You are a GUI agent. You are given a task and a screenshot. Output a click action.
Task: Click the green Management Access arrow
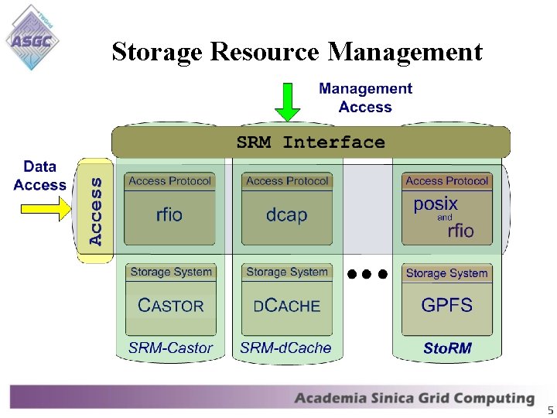287,101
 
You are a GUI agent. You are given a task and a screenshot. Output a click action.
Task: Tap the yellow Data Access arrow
46,207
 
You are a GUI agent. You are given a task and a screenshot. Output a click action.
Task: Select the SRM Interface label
310,142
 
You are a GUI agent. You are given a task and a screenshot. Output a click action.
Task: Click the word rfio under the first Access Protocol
169,214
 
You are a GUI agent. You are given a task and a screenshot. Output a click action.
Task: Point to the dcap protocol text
286,214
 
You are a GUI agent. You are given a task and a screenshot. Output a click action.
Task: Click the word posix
436,204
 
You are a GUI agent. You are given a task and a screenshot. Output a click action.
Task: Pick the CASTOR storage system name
170,306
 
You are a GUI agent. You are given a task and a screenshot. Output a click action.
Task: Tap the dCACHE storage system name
286,306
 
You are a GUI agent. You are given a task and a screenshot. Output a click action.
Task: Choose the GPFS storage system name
446,305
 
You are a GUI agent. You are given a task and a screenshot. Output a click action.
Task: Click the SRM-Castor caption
170,348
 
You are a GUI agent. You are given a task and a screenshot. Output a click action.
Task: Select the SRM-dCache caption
285,348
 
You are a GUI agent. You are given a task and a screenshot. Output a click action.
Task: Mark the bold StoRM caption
447,348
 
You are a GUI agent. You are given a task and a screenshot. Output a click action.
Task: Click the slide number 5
550,409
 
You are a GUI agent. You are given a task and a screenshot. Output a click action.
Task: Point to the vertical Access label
95,210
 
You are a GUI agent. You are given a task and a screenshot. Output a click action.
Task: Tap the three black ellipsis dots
367,273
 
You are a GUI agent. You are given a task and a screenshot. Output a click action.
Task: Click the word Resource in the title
264,52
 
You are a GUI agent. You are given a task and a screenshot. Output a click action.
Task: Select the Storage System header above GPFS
446,273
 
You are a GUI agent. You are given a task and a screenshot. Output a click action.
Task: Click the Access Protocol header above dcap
287,181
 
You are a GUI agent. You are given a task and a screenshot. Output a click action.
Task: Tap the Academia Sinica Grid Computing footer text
414,399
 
